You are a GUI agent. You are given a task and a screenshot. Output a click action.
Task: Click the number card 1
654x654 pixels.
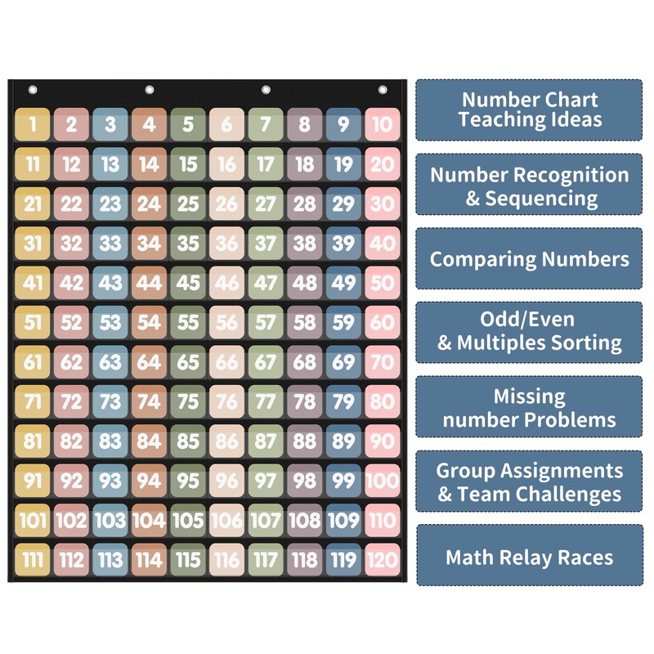pyautogui.click(x=32, y=124)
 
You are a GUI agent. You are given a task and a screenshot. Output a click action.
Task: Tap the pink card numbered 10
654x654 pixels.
pyautogui.click(x=382, y=124)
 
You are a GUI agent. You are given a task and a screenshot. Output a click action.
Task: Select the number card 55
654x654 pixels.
pyautogui.click(x=188, y=322)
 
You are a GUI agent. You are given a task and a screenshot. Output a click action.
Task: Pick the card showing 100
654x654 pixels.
pyautogui.click(x=382, y=481)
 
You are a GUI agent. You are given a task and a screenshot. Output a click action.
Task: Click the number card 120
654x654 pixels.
pyautogui.click(x=382, y=559)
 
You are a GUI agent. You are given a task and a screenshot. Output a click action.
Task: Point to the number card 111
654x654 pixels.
pyautogui.click(x=32, y=559)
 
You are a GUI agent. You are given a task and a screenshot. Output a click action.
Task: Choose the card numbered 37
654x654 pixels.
pyautogui.click(x=266, y=243)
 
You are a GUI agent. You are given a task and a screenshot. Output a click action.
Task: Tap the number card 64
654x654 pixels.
pyautogui.click(x=149, y=361)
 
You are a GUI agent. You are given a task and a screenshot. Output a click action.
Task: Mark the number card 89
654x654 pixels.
pyautogui.click(x=343, y=441)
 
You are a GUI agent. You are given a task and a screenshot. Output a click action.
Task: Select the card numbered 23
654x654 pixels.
pyautogui.click(x=110, y=204)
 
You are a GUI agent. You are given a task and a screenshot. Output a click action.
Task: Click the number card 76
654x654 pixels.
pyautogui.click(x=226, y=401)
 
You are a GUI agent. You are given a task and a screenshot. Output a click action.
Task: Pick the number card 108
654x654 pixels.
pyautogui.click(x=304, y=520)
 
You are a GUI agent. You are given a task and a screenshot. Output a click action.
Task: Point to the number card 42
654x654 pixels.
pyautogui.click(x=71, y=283)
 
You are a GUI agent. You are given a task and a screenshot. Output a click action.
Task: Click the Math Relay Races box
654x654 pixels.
pyautogui.click(x=529, y=558)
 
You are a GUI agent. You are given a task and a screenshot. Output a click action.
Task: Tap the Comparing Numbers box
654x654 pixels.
pyautogui.click(x=529, y=259)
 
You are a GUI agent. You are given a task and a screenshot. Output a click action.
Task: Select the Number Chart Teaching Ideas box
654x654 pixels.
pyautogui.click(x=529, y=110)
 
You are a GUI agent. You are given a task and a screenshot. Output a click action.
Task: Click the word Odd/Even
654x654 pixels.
pyautogui.click(x=529, y=320)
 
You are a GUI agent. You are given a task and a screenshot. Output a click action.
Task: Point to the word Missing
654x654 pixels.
pyautogui.click(x=529, y=396)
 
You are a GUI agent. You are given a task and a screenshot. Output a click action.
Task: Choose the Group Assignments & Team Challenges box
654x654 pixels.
pyautogui.click(x=529, y=482)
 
